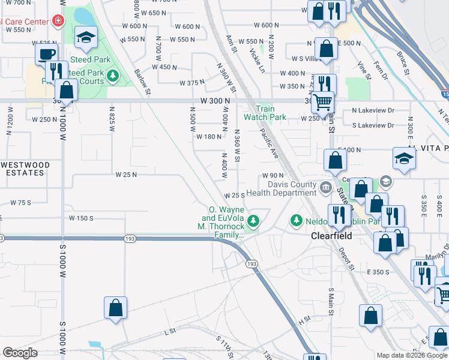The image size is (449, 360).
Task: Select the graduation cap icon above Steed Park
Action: point(86,38)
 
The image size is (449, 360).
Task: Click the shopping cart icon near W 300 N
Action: point(323,103)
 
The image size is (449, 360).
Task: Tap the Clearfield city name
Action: point(331,236)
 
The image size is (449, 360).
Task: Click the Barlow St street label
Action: point(142,82)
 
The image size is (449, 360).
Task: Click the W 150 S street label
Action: point(81,218)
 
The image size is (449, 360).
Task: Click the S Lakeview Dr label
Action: point(373,125)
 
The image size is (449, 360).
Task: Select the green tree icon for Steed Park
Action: point(113,76)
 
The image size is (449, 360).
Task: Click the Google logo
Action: point(20,353)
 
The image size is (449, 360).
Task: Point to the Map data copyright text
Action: point(412,355)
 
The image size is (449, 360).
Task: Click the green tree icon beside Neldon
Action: point(296,221)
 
